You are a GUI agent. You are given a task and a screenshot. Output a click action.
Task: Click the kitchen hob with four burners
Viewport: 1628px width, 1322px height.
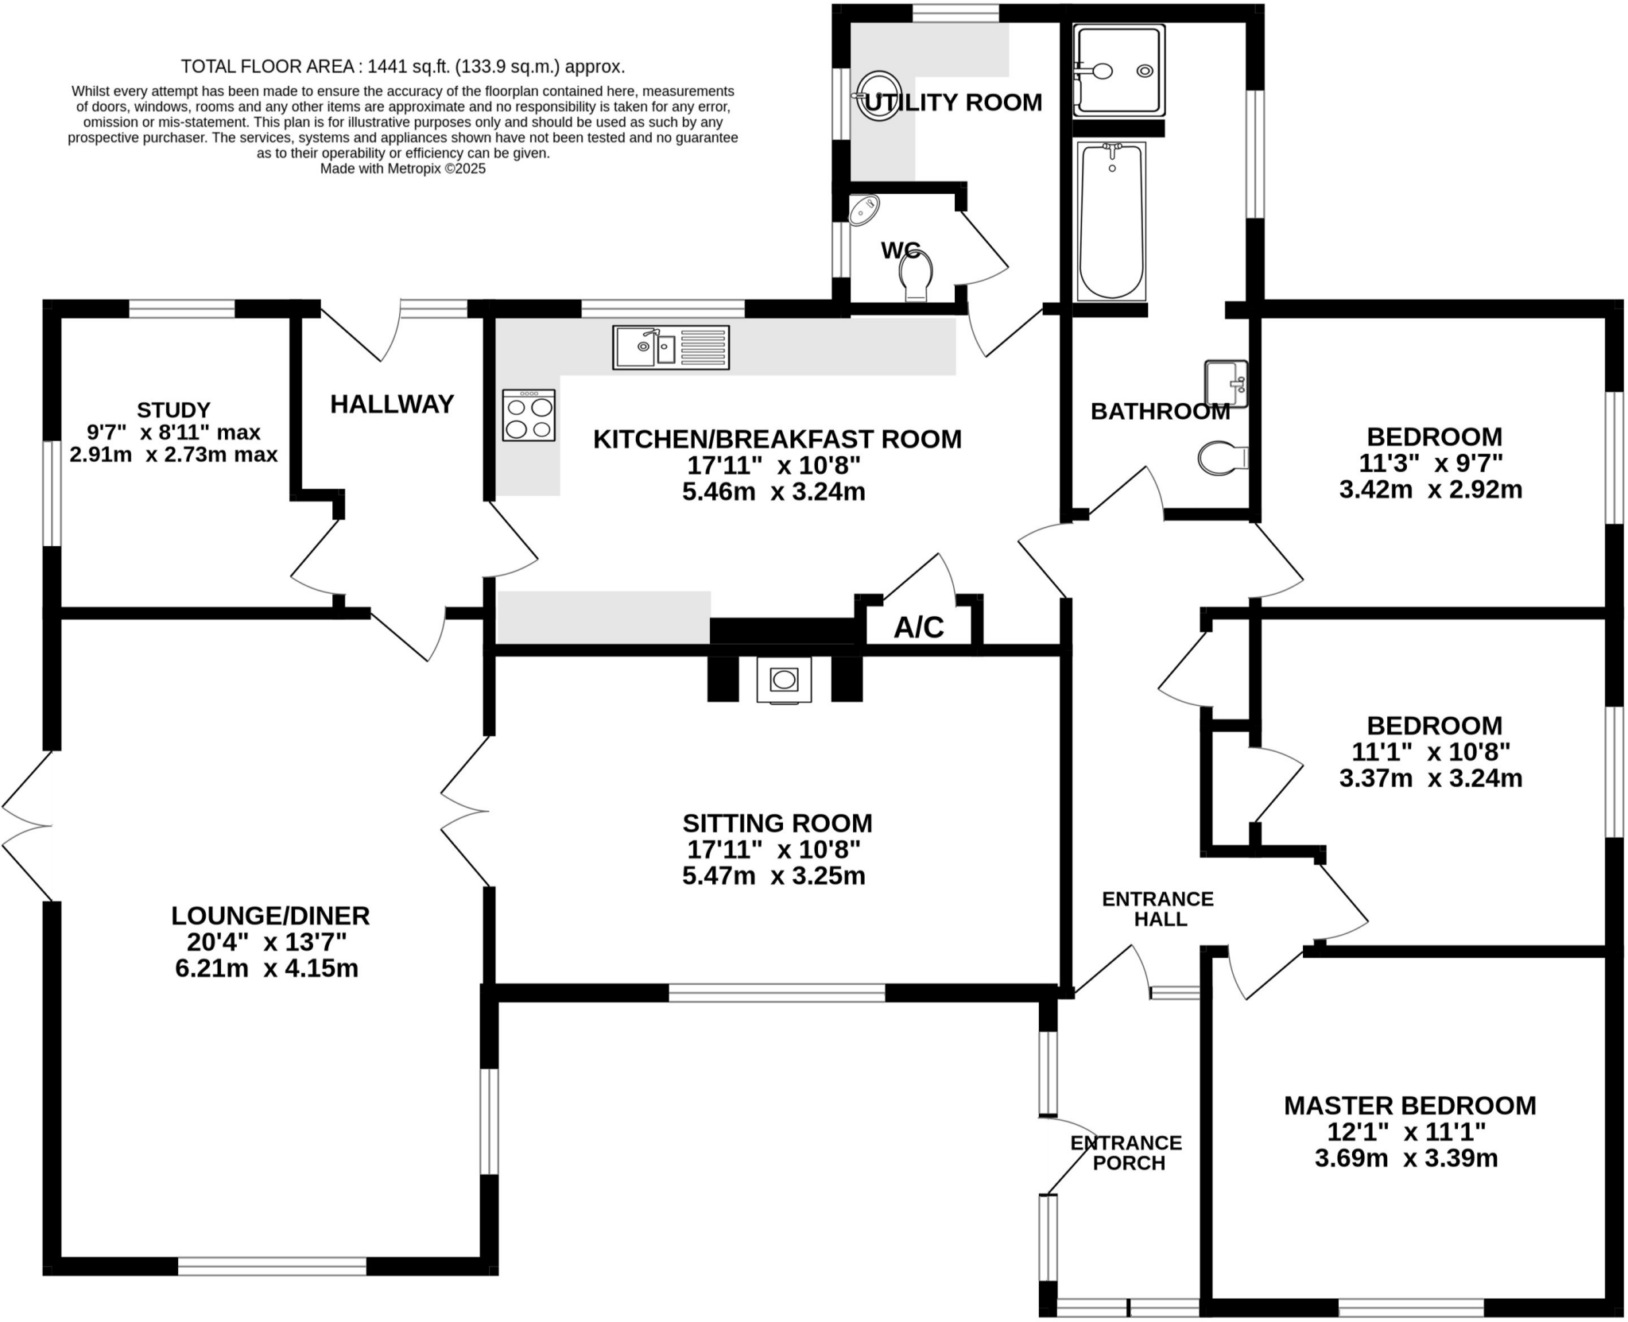(x=529, y=415)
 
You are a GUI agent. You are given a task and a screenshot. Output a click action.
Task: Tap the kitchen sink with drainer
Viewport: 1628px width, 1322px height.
(x=670, y=347)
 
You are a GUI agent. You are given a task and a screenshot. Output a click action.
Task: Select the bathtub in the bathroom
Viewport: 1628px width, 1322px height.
(x=1111, y=221)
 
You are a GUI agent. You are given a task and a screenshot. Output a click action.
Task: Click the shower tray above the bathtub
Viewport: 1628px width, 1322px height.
(x=1118, y=70)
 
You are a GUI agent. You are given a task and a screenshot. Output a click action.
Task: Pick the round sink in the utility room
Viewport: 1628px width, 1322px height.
(x=878, y=95)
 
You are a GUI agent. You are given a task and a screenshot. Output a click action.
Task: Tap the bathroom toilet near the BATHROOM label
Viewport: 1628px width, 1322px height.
(x=1223, y=458)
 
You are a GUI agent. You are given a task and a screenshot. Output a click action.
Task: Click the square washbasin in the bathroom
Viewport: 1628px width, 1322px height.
(x=1227, y=383)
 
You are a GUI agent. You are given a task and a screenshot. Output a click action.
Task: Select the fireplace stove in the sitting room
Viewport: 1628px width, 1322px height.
(x=784, y=680)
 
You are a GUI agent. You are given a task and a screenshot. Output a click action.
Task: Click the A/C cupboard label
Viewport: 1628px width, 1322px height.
(x=919, y=628)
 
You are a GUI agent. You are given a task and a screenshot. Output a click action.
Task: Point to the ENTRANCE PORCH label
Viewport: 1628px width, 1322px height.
(x=1126, y=1153)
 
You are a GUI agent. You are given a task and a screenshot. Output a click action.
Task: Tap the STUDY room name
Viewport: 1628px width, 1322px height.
(x=173, y=410)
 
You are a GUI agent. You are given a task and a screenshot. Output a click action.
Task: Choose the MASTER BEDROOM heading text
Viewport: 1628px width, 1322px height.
(x=1410, y=1106)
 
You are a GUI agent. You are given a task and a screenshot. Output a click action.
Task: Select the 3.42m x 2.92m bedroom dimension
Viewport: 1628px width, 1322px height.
(x=1431, y=490)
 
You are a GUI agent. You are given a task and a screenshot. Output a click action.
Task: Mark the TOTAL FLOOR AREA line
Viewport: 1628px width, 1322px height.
(x=403, y=67)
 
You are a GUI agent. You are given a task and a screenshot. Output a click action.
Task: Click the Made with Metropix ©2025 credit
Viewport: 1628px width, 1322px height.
(x=403, y=169)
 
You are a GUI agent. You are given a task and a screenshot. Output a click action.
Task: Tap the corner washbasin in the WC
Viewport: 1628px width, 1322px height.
(x=863, y=211)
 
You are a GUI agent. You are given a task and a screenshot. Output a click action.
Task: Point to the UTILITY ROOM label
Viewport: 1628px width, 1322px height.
(x=953, y=103)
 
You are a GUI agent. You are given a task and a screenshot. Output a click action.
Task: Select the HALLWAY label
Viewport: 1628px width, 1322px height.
(x=392, y=405)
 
